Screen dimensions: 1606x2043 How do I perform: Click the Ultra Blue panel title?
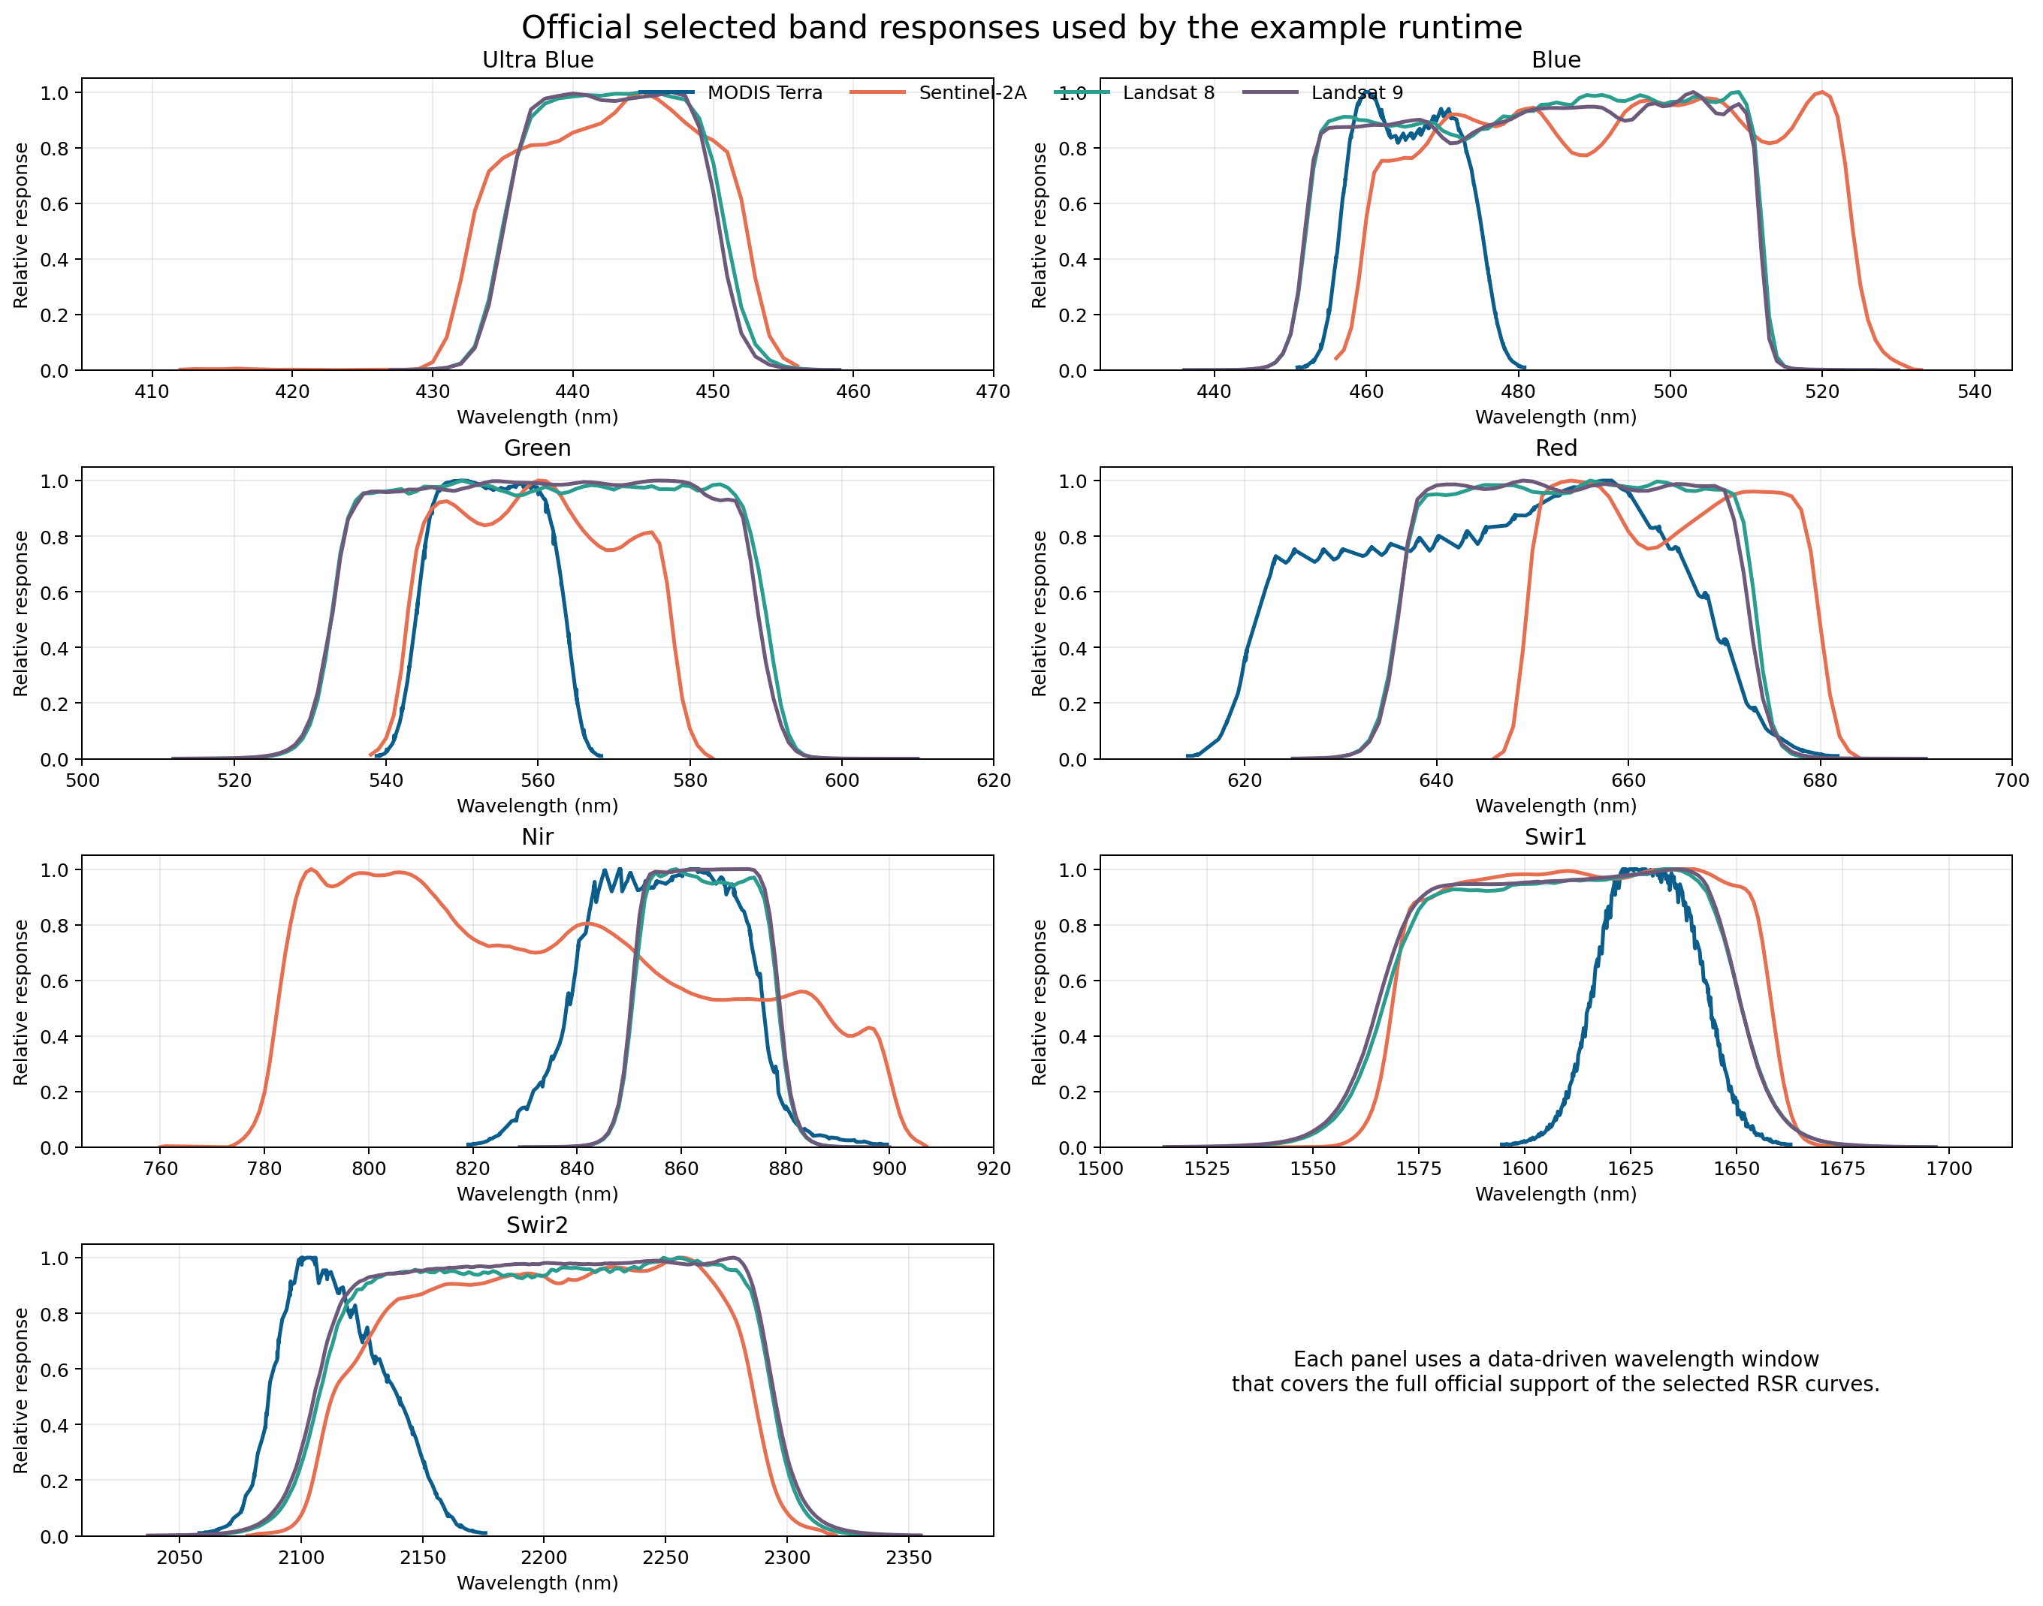[537, 60]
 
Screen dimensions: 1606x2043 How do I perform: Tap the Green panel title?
[537, 448]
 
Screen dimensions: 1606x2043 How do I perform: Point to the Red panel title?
[1556, 448]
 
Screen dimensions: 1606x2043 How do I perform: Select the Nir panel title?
[537, 837]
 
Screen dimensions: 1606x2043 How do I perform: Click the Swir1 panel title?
[1556, 837]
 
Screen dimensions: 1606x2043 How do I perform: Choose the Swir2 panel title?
[537, 1225]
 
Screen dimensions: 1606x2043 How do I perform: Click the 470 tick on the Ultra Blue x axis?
[993, 392]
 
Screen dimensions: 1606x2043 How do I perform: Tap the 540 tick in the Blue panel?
[1975, 392]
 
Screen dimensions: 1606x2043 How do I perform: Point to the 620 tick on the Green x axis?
[993, 780]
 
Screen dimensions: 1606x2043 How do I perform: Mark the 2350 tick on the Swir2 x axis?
[909, 1557]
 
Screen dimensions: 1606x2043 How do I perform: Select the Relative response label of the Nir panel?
[21, 1002]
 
